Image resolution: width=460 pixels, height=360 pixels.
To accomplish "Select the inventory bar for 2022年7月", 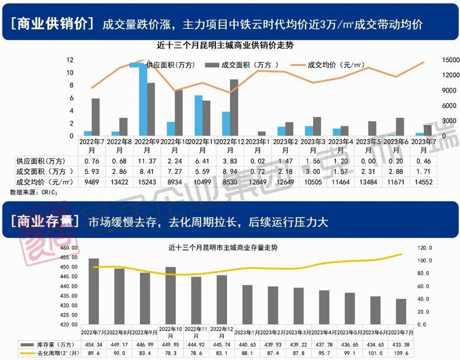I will [x=93, y=291].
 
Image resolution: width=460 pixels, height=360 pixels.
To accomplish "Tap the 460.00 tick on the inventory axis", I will [x=69, y=248].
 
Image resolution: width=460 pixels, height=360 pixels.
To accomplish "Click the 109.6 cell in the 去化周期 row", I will [x=401, y=352].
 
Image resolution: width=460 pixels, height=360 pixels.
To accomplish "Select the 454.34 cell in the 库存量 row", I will [x=93, y=344].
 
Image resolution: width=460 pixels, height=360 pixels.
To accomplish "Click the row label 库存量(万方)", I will [x=49, y=344].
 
